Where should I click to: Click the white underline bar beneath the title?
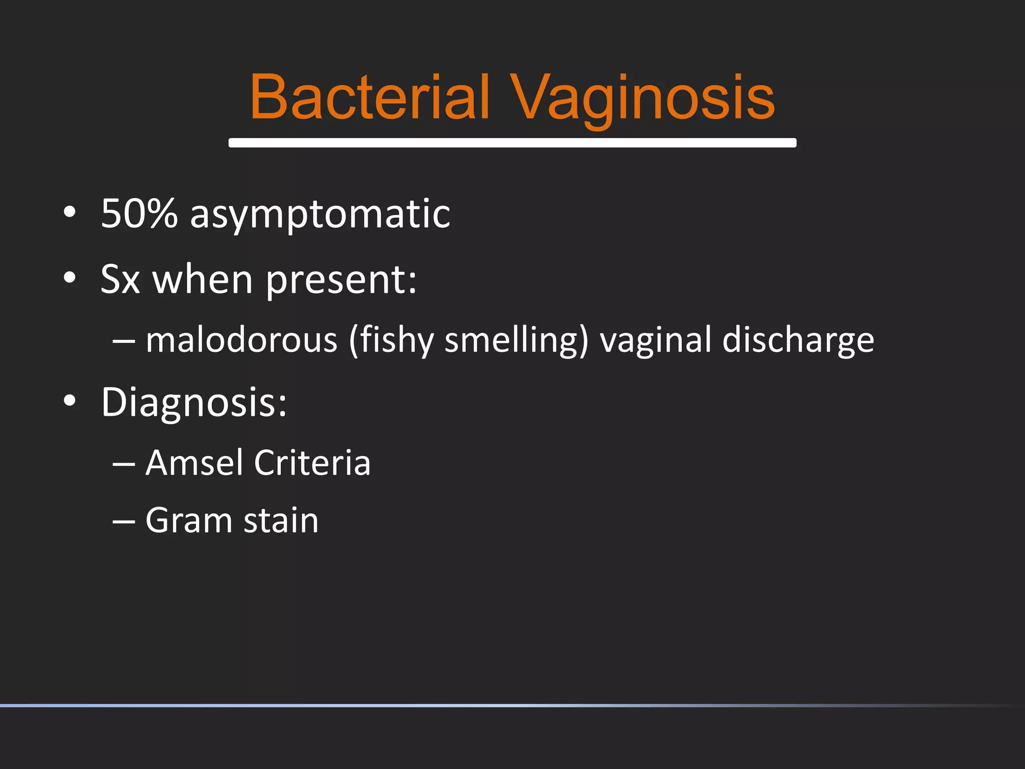coord(512,143)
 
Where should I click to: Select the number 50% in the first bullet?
coord(139,213)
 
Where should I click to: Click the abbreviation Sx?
coord(120,279)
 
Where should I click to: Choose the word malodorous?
coord(242,340)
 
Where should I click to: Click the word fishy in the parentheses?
coord(392,340)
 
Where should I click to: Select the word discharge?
coord(798,340)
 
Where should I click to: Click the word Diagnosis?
coord(194,402)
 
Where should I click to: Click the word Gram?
coord(188,520)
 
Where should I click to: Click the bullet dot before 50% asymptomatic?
coord(70,212)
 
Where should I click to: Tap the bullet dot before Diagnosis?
coord(70,401)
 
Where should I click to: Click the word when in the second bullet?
coord(203,279)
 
